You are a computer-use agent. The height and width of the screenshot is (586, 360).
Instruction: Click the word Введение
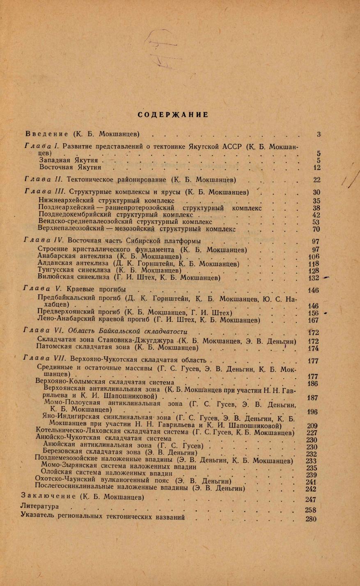[46, 134]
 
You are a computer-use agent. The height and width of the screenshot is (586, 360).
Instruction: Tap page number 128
[313, 271]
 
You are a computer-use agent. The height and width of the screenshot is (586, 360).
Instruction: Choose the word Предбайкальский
[66, 298]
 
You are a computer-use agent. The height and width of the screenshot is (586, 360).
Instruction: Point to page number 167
[313, 320]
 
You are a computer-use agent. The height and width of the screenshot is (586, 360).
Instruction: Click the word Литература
[39, 507]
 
